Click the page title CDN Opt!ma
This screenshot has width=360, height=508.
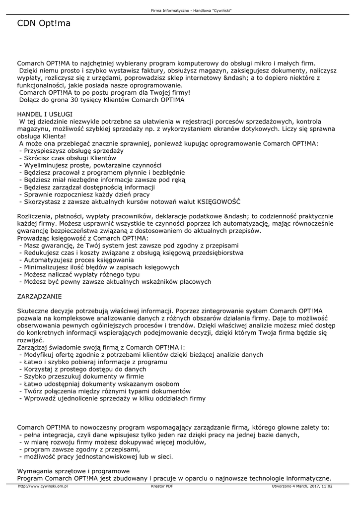click(44, 23)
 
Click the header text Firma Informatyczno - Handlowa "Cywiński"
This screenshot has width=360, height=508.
click(191, 10)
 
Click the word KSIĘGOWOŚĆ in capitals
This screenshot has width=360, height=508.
click(219, 202)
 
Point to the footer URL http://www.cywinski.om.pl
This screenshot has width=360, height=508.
click(43, 487)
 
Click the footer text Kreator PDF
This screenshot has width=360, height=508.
click(162, 487)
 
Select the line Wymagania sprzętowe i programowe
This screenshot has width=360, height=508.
click(73, 471)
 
